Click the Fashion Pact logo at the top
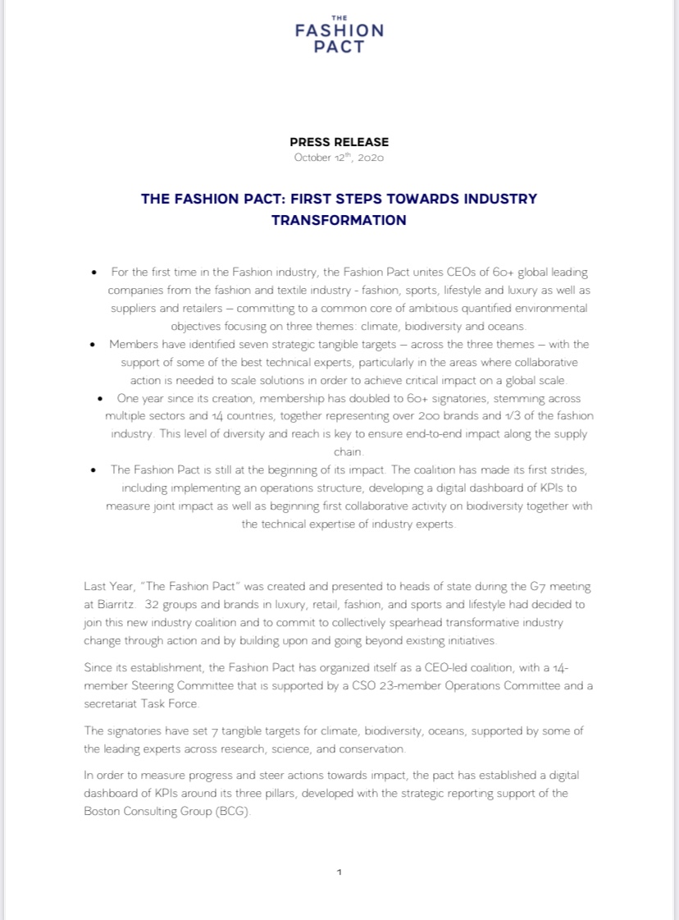(339, 34)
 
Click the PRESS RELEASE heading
(339, 142)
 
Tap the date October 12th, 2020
(339, 158)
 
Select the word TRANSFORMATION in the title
(339, 220)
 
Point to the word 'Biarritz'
(116, 605)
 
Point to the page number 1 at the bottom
(339, 872)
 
